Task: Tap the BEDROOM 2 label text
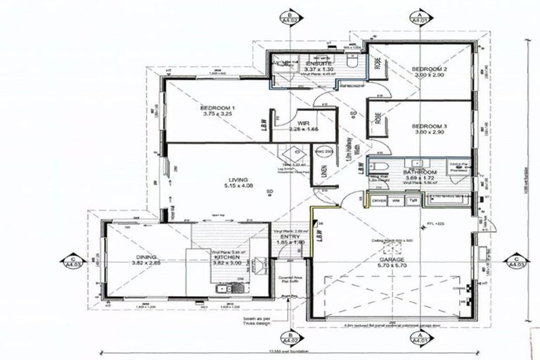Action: click(430, 68)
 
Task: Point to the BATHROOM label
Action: click(420, 172)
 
